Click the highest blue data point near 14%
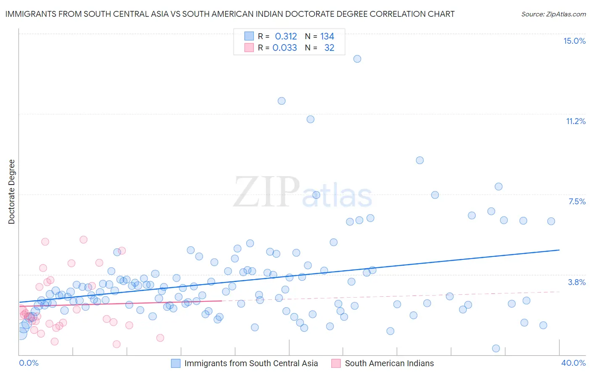click(357, 59)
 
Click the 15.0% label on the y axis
click(574, 41)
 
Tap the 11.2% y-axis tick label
click(575, 121)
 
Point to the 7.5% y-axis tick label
click(577, 201)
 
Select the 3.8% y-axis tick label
click(577, 282)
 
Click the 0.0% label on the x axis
click(29, 363)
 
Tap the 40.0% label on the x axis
click(573, 363)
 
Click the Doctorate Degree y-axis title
click(11, 192)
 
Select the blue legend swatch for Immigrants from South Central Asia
click(176, 363)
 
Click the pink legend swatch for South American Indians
click(336, 363)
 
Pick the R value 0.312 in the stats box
click(286, 37)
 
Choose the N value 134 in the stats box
click(327, 37)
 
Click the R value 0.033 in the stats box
click(285, 48)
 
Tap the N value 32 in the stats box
click(329, 48)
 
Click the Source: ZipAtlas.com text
click(553, 14)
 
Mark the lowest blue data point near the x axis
click(496, 349)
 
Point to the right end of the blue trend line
click(559, 250)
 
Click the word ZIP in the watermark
click(266, 192)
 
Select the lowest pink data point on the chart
click(117, 344)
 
